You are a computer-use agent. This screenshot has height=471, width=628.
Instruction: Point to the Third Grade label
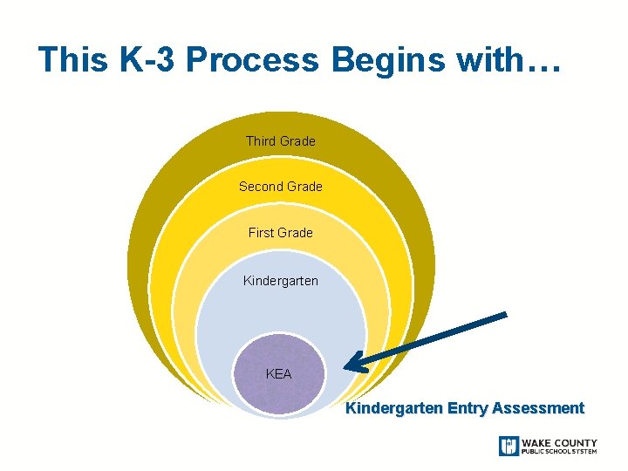pos(280,140)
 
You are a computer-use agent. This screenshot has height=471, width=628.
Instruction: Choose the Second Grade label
pos(280,187)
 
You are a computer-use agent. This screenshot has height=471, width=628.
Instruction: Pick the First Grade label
pos(280,232)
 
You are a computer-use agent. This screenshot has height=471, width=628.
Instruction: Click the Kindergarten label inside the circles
pos(280,281)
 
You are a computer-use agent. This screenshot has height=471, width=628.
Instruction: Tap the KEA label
pos(278,374)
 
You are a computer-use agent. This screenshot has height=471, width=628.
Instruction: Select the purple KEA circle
pos(279,389)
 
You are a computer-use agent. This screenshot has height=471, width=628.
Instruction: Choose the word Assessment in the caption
pos(538,408)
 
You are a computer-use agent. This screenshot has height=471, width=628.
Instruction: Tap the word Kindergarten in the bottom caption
pos(393,408)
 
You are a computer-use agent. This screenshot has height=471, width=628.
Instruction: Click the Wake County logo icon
pos(509,446)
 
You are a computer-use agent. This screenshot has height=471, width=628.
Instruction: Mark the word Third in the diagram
pos(261,140)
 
